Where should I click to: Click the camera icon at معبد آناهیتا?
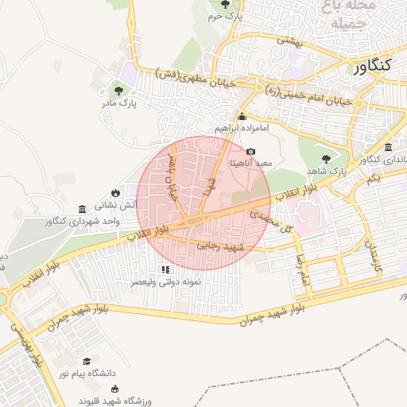(x=251, y=151)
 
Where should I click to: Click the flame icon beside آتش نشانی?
(x=115, y=192)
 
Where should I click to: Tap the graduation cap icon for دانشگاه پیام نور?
(x=87, y=361)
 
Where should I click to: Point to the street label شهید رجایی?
(x=223, y=247)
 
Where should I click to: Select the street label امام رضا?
(x=299, y=268)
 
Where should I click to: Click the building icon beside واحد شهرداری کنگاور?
(x=83, y=209)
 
